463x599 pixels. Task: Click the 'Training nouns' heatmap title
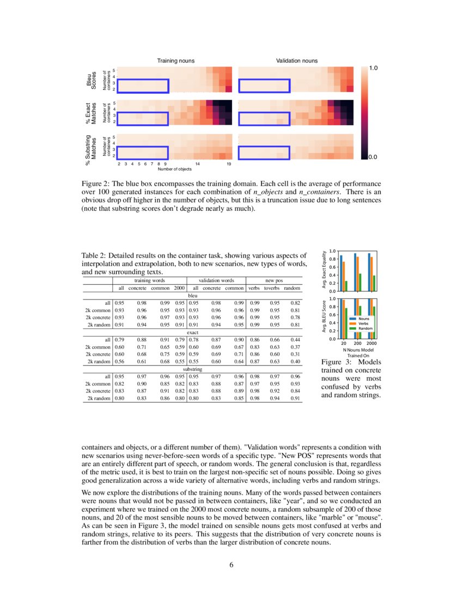(x=176, y=60)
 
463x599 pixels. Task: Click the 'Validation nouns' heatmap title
(x=297, y=60)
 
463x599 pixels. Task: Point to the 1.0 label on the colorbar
(x=374, y=68)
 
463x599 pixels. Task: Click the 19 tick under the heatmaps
(x=229, y=163)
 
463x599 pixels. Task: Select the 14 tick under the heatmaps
(x=198, y=163)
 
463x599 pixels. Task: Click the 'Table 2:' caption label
(x=93, y=256)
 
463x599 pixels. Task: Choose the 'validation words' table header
(x=216, y=280)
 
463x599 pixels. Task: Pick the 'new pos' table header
(x=276, y=280)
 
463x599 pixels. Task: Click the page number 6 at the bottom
(x=231, y=564)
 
